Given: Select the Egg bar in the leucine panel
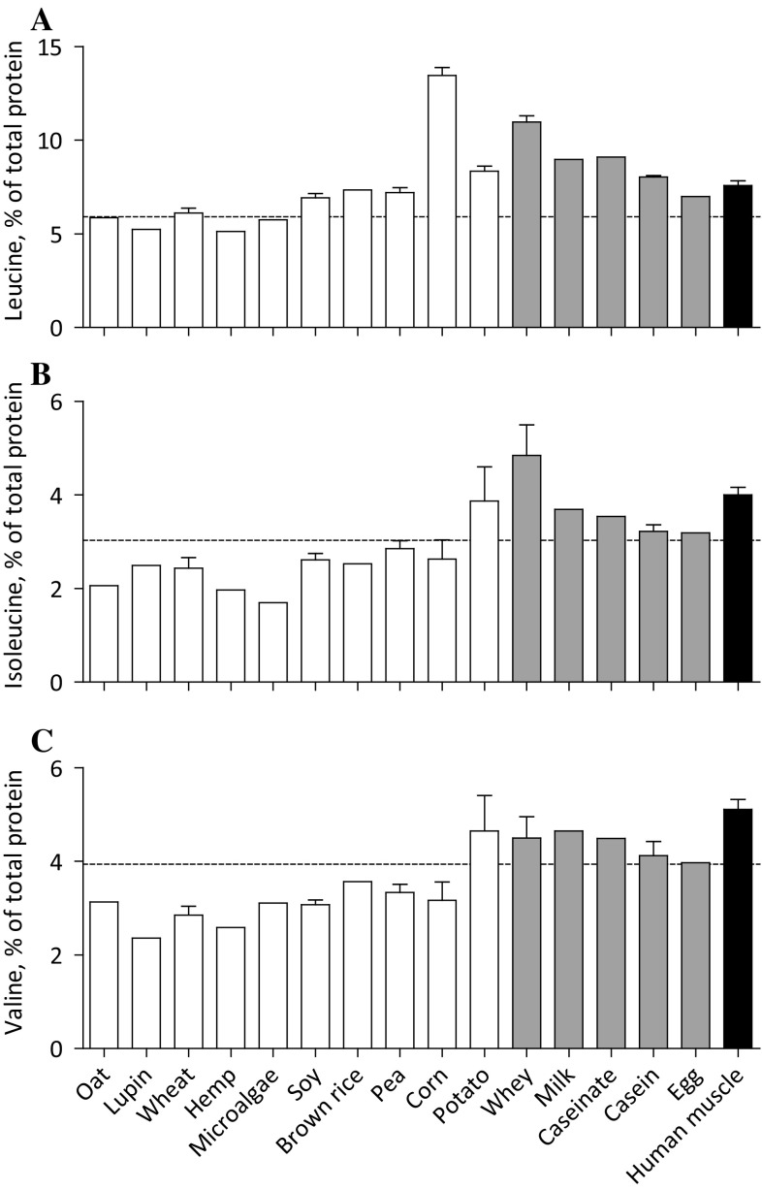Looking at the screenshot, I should click(x=695, y=262).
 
